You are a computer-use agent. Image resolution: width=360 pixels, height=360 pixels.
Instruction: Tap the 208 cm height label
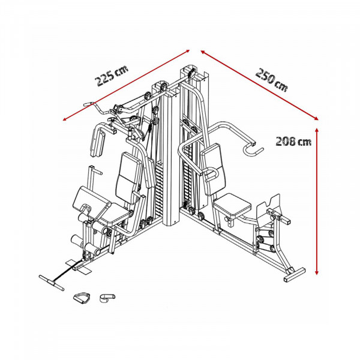tap(293, 142)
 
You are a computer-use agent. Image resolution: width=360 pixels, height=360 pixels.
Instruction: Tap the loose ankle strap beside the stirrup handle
tap(108, 296)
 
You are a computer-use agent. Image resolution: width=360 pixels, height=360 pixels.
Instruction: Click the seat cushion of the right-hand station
tap(232, 206)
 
